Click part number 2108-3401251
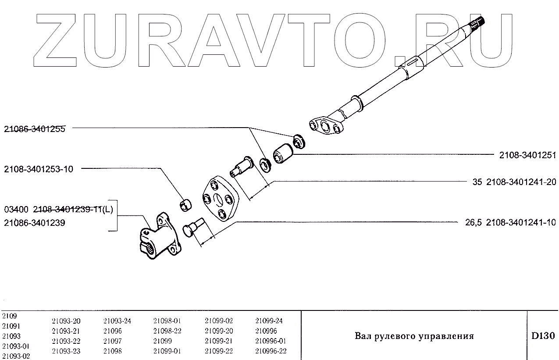527,155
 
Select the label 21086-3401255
35,129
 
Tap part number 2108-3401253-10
39,169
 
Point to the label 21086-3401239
35,223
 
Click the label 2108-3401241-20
521,182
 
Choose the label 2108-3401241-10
521,223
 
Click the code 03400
16,209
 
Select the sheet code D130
543,336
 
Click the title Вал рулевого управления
414,336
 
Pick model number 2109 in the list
10,316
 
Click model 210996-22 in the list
271,351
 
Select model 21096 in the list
113,331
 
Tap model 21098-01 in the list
167,321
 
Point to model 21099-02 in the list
219,321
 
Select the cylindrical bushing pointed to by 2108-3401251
283,154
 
